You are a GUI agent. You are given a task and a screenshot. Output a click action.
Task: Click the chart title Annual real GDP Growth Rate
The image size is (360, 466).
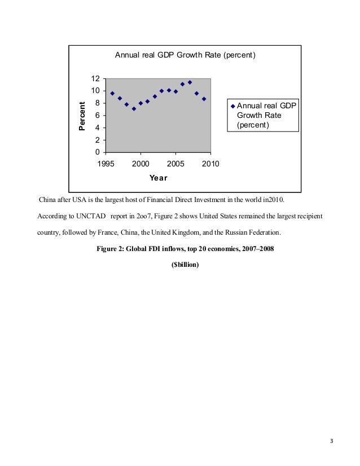tap(186, 55)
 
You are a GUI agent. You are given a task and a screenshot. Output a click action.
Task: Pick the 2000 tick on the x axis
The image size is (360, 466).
tap(141, 164)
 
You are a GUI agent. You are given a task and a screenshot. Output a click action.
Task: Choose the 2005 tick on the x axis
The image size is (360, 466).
tap(175, 164)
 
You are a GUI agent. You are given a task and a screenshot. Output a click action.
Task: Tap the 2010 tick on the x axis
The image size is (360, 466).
tap(210, 164)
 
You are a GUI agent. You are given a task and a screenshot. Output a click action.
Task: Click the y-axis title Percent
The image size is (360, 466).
tap(82, 116)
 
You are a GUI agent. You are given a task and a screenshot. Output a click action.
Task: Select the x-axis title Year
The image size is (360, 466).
tap(158, 178)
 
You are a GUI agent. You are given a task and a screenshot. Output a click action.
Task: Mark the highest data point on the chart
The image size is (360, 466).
tap(190, 82)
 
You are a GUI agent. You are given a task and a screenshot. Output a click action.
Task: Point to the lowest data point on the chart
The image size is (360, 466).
tap(134, 108)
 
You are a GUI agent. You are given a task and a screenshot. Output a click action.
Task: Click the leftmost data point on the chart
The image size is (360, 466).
tap(112, 93)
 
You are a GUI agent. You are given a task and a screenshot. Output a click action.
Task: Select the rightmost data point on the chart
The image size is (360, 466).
tap(204, 99)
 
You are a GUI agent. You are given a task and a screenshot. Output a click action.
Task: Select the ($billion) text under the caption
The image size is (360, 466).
tap(185, 265)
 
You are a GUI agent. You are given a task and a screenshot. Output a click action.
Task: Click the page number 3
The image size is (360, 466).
tap(332, 441)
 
